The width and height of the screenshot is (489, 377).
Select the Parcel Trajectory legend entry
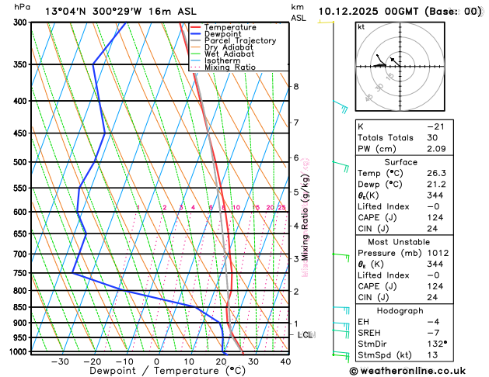click(x=244, y=40)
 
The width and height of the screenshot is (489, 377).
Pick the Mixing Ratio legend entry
click(x=235, y=67)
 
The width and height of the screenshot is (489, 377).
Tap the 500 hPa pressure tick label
click(x=20, y=162)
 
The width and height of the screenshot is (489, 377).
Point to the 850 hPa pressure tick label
click(x=20, y=307)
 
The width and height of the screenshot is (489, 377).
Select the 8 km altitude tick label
click(x=295, y=86)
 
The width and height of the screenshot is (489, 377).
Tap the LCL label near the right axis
click(x=305, y=335)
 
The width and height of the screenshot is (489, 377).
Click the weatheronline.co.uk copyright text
click(x=419, y=369)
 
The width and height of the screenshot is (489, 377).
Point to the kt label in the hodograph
click(x=361, y=26)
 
